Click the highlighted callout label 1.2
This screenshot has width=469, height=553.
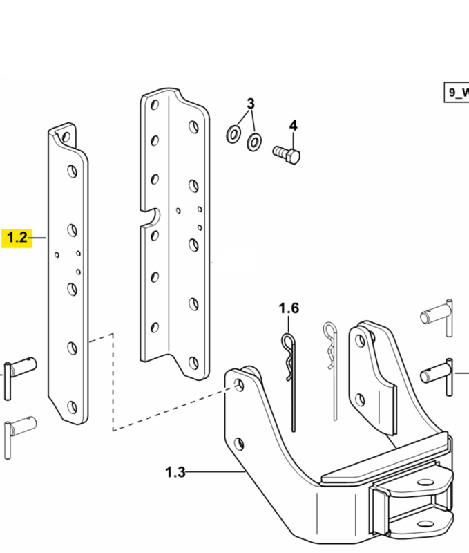(17, 238)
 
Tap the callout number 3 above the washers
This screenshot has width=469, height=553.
(250, 104)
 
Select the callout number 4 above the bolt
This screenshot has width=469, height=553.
(293, 126)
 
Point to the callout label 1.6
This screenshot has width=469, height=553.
(289, 308)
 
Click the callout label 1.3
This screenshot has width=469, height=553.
(175, 472)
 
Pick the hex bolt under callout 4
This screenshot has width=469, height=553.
(287, 155)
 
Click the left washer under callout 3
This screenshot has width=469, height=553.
(233, 134)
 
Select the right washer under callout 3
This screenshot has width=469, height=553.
(253, 142)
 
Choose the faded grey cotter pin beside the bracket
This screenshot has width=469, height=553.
(332, 371)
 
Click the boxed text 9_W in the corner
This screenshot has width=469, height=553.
(457, 93)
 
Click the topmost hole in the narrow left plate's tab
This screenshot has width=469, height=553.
(66, 137)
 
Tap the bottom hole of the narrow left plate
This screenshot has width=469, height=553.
(73, 407)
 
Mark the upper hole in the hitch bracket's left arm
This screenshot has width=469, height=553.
(239, 385)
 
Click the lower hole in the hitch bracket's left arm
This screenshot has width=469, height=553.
(239, 444)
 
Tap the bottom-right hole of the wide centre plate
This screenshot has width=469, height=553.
(193, 363)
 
